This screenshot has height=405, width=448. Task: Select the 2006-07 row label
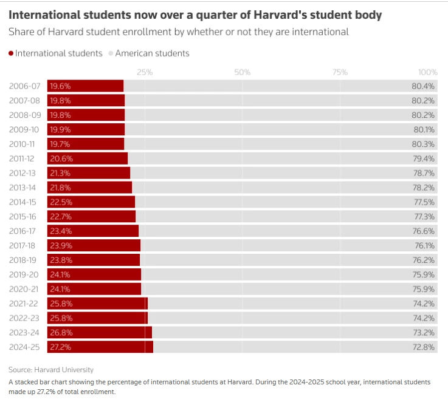tap(25, 86)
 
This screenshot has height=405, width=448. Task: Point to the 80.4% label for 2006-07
tap(423, 86)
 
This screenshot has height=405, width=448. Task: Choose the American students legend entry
tap(152, 53)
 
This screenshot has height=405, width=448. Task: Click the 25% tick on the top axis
tap(145, 72)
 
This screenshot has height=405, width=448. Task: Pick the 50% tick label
tap(243, 72)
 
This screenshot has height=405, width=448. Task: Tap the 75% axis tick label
tap(340, 72)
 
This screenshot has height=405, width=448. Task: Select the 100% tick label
tap(428, 72)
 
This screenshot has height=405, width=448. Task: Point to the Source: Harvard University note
tap(51, 369)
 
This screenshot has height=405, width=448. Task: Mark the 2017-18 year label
tap(25, 245)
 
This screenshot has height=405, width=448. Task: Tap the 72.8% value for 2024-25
tap(423, 347)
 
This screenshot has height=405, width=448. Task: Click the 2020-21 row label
tap(25, 289)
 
